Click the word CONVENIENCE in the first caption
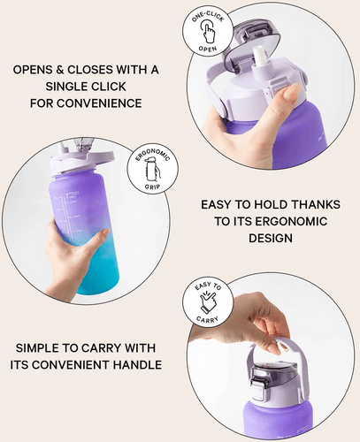pyautogui.click(x=99, y=103)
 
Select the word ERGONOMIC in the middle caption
pyautogui.click(x=291, y=221)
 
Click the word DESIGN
pyautogui.click(x=271, y=238)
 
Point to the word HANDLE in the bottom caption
pyautogui.click(x=137, y=365)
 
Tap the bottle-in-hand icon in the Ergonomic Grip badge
pyautogui.click(x=152, y=171)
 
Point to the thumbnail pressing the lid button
pyautogui.click(x=289, y=93)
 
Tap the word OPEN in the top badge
pyautogui.click(x=208, y=49)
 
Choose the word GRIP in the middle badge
pyautogui.click(x=152, y=187)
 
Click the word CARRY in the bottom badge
pyautogui.click(x=208, y=320)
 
